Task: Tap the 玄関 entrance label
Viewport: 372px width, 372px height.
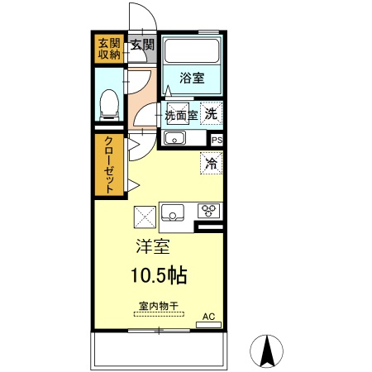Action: tap(142, 44)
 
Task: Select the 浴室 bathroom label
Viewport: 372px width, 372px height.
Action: tap(192, 79)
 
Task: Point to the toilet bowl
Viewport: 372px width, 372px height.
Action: tap(107, 103)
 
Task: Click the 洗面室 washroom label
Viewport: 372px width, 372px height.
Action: tap(181, 115)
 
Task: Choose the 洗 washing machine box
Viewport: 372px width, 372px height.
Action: tap(212, 114)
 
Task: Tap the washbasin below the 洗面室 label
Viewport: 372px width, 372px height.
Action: tap(175, 138)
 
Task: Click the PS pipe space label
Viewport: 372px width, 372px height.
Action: tap(217, 141)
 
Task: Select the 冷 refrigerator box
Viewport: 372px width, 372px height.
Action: tap(211, 164)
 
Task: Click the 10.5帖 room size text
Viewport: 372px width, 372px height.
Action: tap(157, 275)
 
